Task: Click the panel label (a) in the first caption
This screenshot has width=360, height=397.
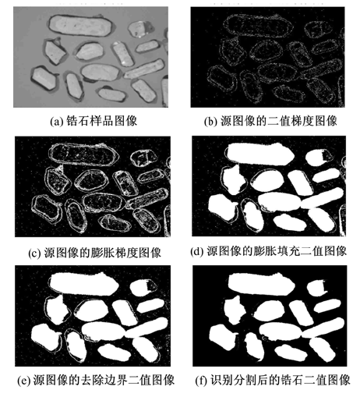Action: tap(56, 122)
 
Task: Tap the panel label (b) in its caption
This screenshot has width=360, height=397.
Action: tap(210, 122)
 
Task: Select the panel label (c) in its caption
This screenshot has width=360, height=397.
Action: tap(34, 253)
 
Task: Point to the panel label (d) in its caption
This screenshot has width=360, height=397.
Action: tap(196, 251)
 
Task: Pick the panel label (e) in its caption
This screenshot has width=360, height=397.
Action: tap(23, 381)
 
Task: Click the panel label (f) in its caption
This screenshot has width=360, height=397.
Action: tap(200, 381)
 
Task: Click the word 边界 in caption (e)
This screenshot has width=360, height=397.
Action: tap(115, 380)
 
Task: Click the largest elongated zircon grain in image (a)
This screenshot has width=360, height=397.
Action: tap(80, 25)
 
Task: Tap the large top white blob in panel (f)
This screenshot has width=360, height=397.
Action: tap(261, 284)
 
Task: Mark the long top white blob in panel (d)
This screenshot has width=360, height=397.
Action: tap(260, 154)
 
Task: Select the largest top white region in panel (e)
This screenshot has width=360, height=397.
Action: tap(83, 284)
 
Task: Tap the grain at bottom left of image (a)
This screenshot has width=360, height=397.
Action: tap(44, 78)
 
